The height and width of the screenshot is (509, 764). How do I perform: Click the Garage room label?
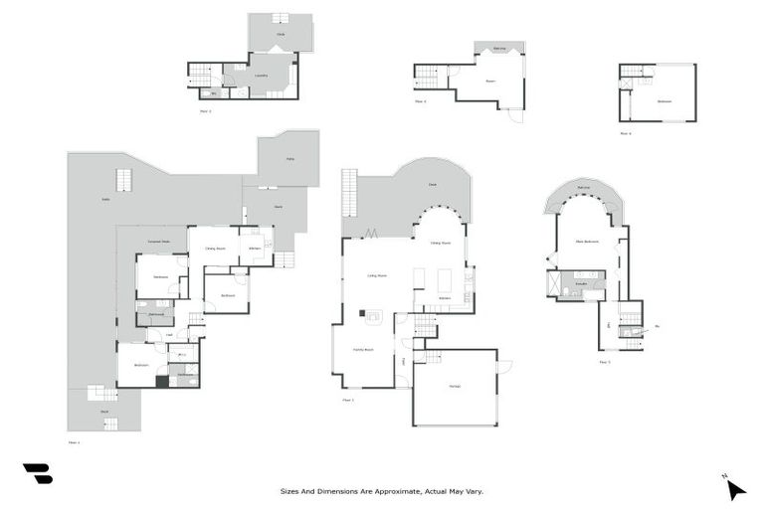[x=454, y=386]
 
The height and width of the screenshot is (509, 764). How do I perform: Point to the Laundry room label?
[x=261, y=76]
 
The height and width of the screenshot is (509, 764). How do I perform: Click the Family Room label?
[x=362, y=350]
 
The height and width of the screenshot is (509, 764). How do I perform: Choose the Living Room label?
[x=377, y=275]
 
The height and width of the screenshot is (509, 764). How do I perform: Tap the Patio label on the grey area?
[x=289, y=159]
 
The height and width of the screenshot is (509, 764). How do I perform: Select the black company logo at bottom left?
[x=37, y=474]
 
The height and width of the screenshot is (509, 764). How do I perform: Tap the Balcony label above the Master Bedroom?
[x=584, y=188]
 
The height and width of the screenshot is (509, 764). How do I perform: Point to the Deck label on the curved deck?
[x=433, y=184]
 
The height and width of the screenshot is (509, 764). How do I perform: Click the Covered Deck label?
[x=158, y=242]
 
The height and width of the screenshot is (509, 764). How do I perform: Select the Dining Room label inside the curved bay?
[x=440, y=243]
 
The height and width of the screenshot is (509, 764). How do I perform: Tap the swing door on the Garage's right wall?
[x=503, y=367]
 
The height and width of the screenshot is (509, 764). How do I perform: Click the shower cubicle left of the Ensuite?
[x=552, y=284]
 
